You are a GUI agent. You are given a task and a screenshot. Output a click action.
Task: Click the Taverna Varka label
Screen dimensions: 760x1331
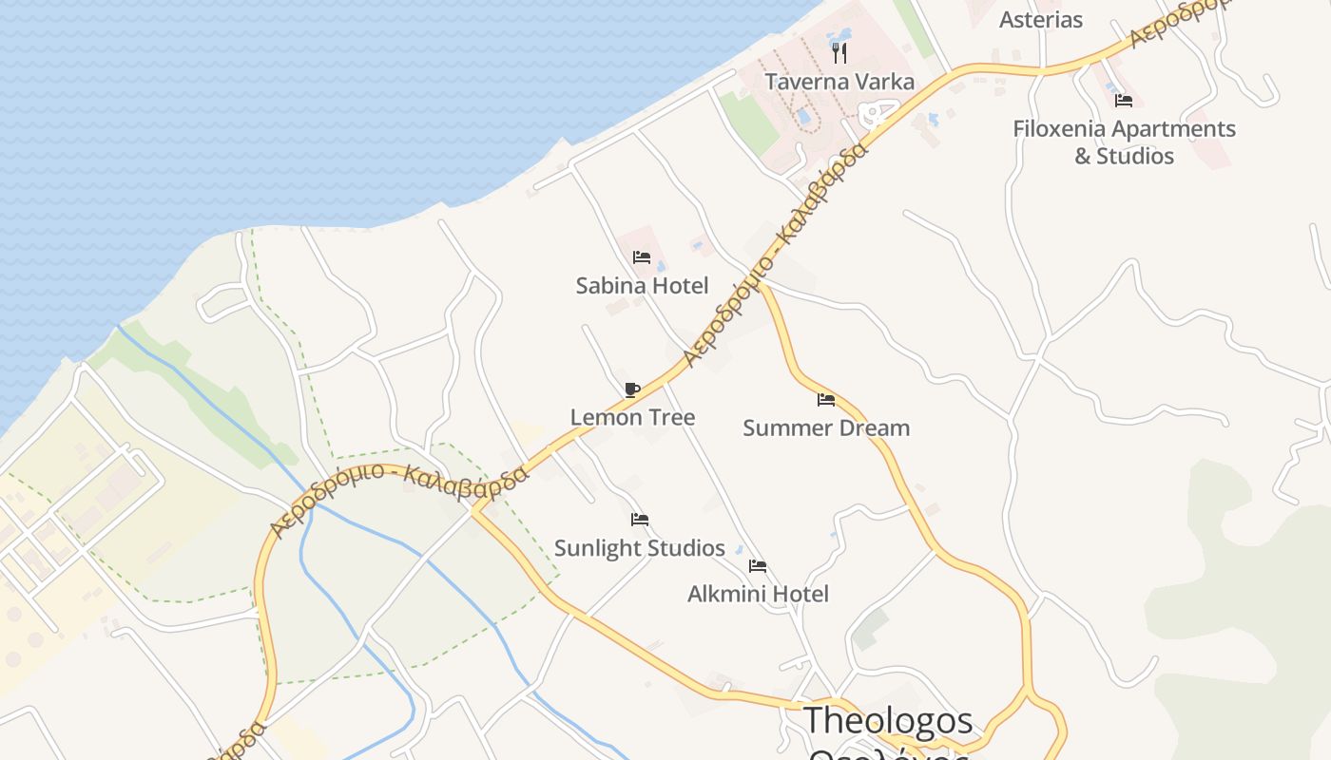click(839, 82)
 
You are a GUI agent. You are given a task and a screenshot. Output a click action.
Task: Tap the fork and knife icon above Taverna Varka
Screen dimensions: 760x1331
click(839, 52)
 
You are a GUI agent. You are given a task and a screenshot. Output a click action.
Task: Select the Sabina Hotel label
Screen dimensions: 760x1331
click(642, 285)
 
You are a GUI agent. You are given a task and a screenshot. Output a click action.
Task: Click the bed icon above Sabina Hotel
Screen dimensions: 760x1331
click(642, 257)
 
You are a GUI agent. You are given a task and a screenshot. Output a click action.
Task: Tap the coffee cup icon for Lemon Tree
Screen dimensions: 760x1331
click(632, 389)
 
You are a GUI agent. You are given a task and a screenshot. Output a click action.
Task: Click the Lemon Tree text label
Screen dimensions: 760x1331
click(632, 417)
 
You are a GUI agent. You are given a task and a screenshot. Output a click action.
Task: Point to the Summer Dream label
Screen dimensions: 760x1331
click(825, 427)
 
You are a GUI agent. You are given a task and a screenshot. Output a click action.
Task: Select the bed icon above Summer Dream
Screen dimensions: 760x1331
click(825, 400)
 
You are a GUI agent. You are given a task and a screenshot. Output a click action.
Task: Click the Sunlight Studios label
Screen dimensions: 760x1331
click(639, 548)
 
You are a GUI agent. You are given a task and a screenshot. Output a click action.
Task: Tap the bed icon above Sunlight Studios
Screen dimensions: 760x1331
click(640, 520)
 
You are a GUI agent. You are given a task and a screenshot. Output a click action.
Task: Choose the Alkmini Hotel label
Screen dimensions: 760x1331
click(758, 594)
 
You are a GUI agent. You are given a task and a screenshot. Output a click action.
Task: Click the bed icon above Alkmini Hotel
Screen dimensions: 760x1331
click(758, 566)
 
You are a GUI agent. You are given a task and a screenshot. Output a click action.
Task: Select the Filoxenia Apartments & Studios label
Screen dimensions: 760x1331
click(1124, 142)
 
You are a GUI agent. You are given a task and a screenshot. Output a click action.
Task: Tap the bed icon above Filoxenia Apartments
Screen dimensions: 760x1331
click(1124, 101)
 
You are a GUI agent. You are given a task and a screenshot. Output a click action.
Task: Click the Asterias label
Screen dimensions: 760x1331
click(1041, 19)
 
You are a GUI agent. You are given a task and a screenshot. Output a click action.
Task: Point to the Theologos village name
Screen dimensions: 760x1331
click(888, 720)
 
